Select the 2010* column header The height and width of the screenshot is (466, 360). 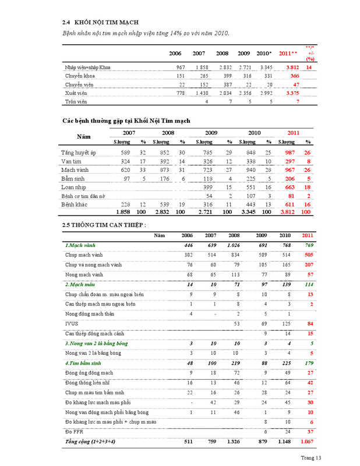(x=264, y=54)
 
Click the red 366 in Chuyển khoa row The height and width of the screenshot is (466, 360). (x=294, y=76)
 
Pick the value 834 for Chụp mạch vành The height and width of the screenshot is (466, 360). (x=234, y=255)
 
